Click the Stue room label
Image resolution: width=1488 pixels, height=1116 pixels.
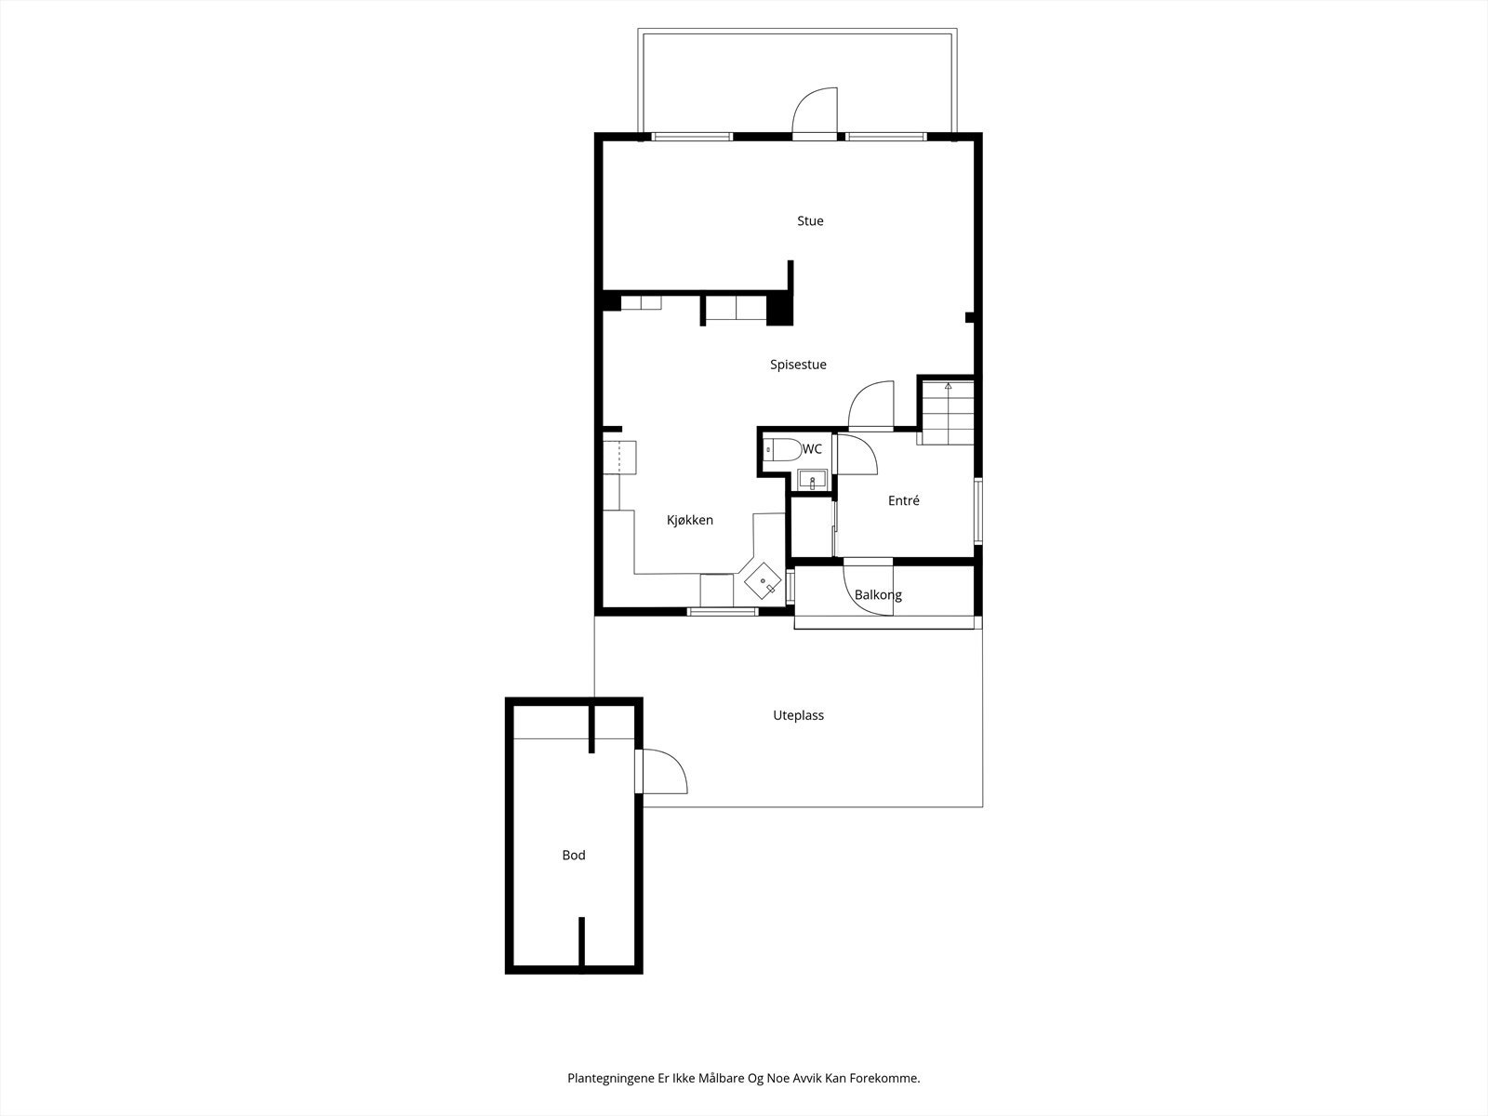click(x=810, y=221)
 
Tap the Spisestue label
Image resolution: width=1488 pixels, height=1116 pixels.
click(x=798, y=365)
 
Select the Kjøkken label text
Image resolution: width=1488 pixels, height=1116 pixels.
click(x=690, y=520)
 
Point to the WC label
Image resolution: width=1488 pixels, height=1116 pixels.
click(x=812, y=449)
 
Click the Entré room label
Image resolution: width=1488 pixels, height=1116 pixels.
click(x=903, y=500)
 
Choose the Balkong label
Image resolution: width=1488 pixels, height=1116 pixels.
click(x=878, y=595)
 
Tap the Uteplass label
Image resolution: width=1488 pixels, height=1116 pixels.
click(x=798, y=715)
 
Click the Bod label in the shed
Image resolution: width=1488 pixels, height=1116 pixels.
click(x=574, y=855)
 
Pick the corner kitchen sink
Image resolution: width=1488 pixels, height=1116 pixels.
click(x=764, y=581)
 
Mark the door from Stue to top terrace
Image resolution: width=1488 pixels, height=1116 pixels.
click(x=816, y=113)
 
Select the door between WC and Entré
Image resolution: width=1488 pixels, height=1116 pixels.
click(x=855, y=455)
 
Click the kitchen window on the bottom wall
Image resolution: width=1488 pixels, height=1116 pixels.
click(x=723, y=611)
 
